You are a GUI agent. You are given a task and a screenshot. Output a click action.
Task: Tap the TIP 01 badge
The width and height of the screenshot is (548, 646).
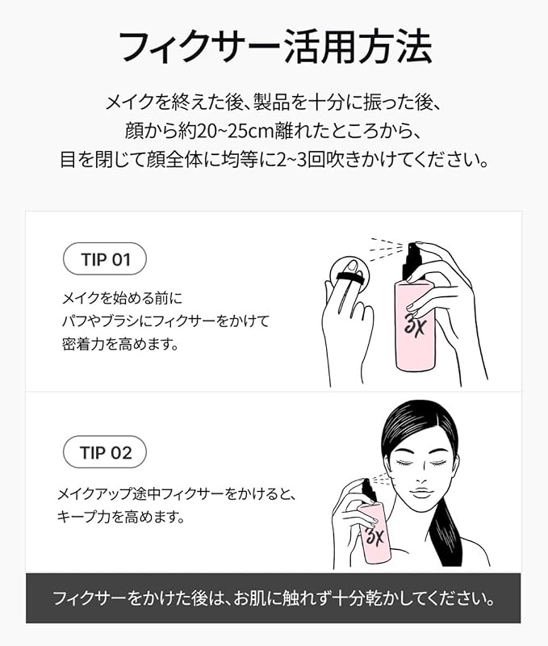click(105, 258)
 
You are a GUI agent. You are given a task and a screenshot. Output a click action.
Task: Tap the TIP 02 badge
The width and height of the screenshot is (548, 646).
click(105, 452)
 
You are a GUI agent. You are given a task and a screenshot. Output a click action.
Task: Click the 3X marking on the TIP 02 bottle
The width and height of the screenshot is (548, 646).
click(374, 535)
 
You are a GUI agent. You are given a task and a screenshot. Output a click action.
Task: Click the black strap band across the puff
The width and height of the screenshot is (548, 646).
click(350, 279)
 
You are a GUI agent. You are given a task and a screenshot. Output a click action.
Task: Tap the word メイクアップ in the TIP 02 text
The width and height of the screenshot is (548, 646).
click(94, 493)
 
